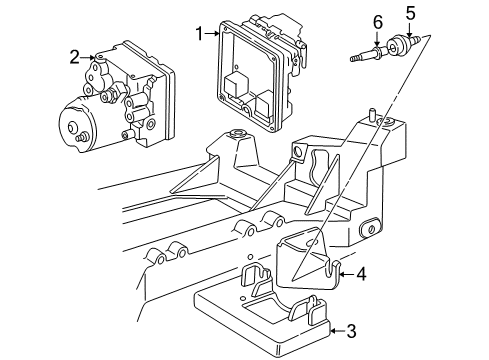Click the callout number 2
point(74,57)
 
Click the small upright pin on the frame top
point(371,112)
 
